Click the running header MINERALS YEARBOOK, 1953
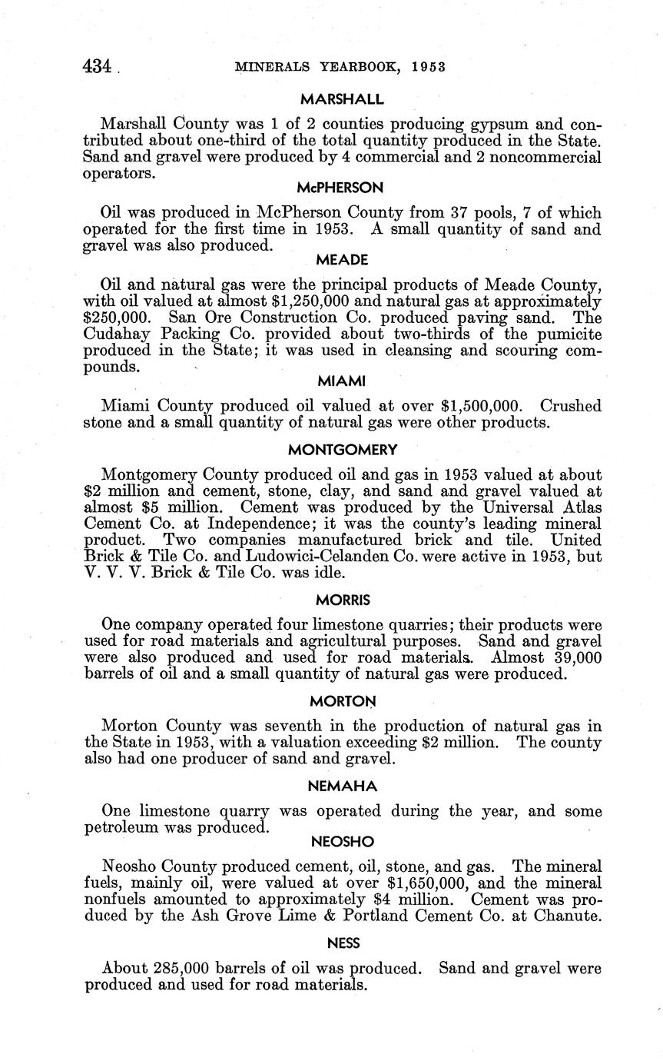point(340,67)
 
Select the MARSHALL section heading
point(342,100)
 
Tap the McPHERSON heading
point(342,188)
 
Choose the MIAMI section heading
point(342,381)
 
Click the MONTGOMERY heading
point(343,450)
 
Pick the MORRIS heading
point(342,599)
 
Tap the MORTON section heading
point(343,701)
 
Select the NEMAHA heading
point(343,786)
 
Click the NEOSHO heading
point(343,842)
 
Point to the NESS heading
point(343,944)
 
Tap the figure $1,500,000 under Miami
point(487,407)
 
